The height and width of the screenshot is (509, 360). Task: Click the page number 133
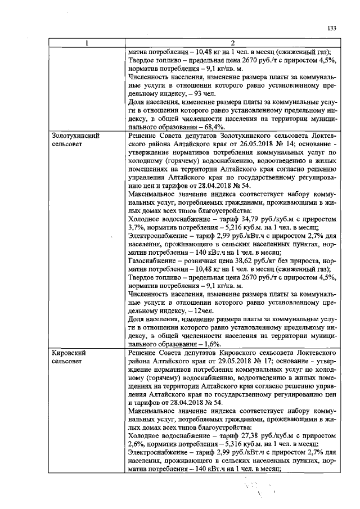[331, 29]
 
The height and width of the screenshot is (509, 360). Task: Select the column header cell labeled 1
[87, 43]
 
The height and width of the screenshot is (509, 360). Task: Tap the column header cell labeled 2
[232, 43]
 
